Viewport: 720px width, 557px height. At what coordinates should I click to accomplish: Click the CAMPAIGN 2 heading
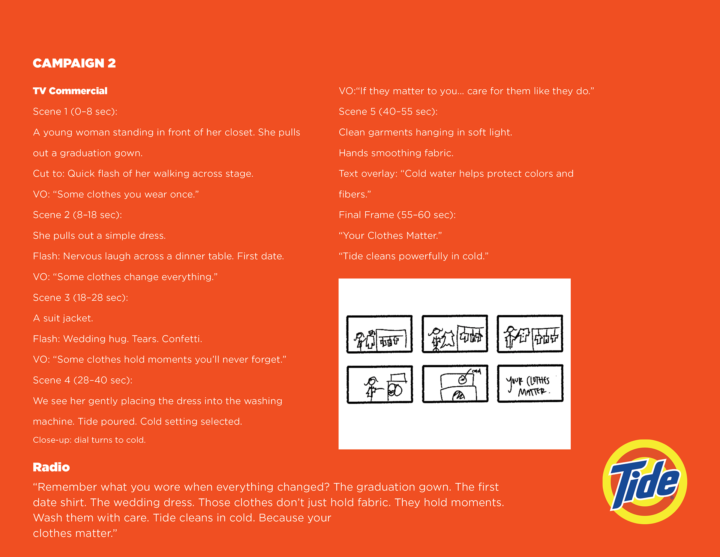(x=74, y=63)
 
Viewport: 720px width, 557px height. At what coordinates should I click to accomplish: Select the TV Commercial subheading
(x=70, y=91)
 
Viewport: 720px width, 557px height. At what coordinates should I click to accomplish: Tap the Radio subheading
(x=51, y=467)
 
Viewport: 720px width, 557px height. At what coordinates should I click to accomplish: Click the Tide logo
(x=645, y=482)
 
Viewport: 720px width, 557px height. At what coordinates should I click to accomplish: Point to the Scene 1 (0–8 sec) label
(x=75, y=111)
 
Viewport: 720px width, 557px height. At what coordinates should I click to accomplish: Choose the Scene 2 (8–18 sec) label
(x=77, y=215)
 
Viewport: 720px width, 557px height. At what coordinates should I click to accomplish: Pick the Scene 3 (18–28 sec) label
(x=80, y=298)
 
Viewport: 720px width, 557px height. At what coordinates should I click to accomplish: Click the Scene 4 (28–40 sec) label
(x=82, y=380)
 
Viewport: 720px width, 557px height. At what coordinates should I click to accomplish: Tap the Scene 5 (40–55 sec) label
(x=388, y=111)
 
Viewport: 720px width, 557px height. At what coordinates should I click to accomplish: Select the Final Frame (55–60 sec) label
(x=397, y=215)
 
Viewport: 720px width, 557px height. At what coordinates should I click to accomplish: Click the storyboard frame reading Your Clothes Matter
(x=530, y=384)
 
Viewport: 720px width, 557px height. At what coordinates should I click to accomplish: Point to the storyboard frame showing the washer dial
(x=455, y=384)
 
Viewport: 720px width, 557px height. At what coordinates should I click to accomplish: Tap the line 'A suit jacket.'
(x=63, y=318)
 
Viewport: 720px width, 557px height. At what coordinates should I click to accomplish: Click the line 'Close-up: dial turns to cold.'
(x=89, y=440)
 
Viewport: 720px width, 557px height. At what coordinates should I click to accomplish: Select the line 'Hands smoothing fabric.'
(x=396, y=153)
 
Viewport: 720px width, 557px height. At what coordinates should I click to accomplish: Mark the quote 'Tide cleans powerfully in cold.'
(x=413, y=256)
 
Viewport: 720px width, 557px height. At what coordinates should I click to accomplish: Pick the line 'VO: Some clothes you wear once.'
(x=116, y=194)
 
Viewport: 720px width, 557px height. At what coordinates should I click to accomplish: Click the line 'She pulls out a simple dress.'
(x=99, y=236)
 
